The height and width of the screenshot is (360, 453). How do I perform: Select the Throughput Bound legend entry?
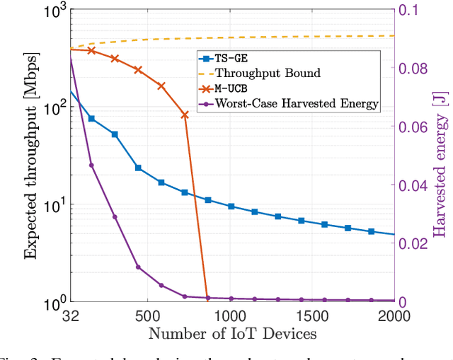pyautogui.click(x=268, y=73)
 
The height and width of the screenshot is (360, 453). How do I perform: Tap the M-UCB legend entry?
pyautogui.click(x=232, y=88)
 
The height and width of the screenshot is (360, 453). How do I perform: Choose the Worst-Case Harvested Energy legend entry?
pyautogui.click(x=297, y=104)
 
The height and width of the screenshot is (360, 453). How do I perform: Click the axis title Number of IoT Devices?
pyautogui.click(x=231, y=333)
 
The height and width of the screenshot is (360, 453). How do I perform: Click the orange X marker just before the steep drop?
pyautogui.click(x=185, y=115)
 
